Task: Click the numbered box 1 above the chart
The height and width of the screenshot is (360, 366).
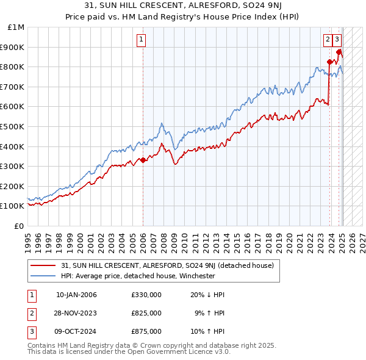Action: coord(141,40)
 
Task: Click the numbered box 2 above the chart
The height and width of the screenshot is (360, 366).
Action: coord(328,40)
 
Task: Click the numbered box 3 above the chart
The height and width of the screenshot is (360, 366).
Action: coord(337,40)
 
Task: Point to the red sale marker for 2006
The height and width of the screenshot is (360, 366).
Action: coord(143,160)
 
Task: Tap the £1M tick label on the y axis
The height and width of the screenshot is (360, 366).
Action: coord(16,27)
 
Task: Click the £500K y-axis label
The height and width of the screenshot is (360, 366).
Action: coord(13,126)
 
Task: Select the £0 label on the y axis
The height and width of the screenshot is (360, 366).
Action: coord(20,226)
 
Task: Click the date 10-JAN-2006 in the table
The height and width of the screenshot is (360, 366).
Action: coord(76,295)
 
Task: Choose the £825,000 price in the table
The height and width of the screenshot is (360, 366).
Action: coord(146,313)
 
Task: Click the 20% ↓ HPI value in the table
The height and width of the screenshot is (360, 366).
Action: coord(207,295)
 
